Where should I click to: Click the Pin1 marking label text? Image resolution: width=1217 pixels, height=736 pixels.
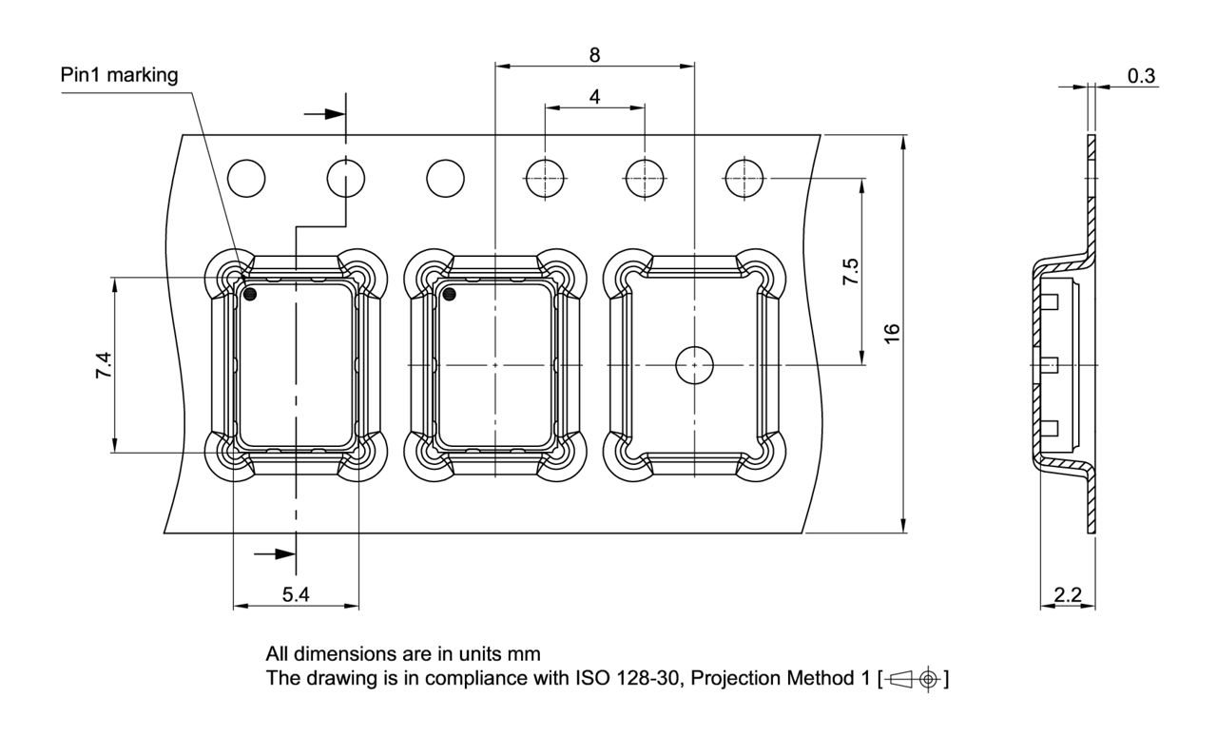119,76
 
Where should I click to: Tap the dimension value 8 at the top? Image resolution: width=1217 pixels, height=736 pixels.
594,54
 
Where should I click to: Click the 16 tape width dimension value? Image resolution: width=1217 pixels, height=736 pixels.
891,334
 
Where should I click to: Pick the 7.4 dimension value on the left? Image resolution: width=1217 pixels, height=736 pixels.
104,365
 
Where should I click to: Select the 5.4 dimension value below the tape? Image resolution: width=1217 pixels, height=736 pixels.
296,594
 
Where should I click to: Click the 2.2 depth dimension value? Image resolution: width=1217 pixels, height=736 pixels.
1069,594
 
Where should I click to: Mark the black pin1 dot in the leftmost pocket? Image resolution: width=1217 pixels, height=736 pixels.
250,294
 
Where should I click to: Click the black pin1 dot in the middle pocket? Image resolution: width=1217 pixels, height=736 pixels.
450,294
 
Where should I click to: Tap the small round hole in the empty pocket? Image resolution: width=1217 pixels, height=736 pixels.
695,365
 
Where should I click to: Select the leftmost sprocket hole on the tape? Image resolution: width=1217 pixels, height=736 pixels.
247,178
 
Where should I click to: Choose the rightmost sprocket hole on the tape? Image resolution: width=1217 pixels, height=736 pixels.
744,178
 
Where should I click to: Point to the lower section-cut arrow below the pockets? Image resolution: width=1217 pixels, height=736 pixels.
276,552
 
